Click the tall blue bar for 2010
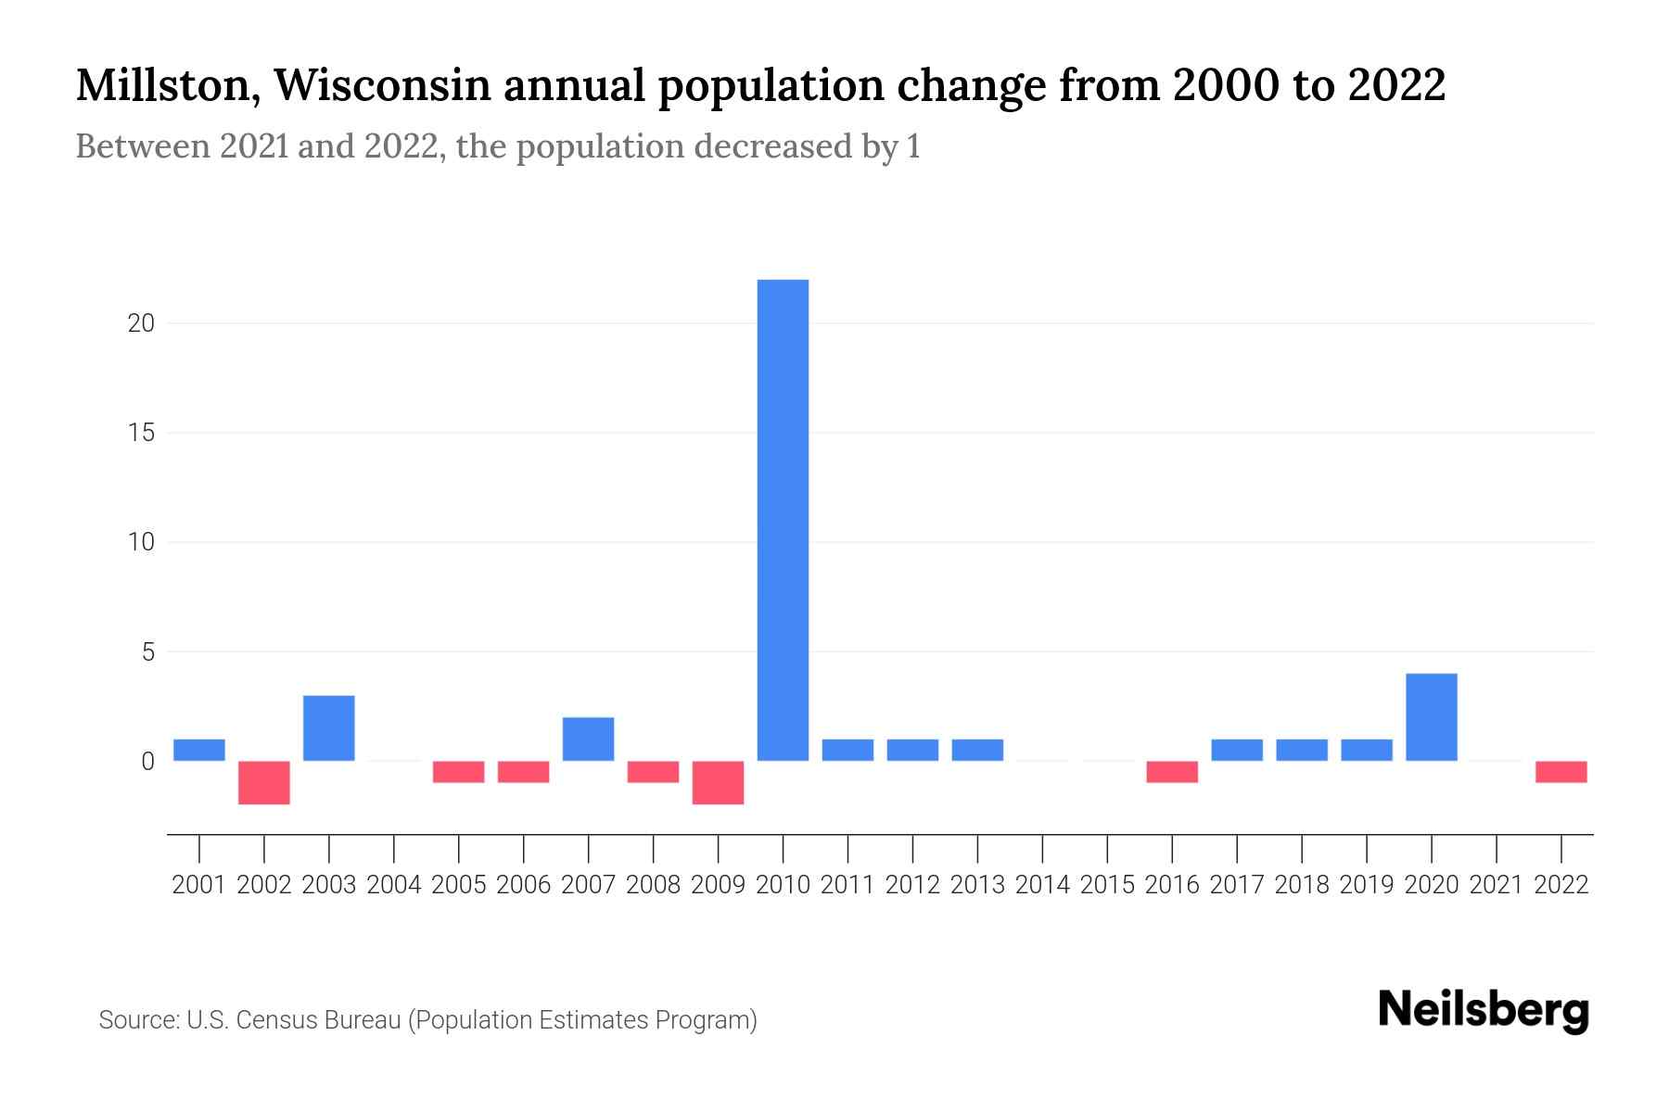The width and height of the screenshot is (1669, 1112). pos(783,519)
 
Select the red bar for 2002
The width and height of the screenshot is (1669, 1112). pos(264,782)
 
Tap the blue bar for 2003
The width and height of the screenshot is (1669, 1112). pos(329,727)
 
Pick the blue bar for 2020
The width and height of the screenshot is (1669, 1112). pos(1432,716)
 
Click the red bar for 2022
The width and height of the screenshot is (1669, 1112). pos(1561,771)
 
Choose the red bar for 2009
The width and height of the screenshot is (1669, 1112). pos(719,782)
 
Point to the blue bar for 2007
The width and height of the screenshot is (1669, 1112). pos(589,739)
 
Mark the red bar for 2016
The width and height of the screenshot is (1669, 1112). pos(1172,771)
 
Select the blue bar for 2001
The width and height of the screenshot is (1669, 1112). pos(199,750)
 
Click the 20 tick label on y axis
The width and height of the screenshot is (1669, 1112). pos(141,323)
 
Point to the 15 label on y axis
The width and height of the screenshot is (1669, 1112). pos(141,433)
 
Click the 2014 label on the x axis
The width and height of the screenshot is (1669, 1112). pos(1042,885)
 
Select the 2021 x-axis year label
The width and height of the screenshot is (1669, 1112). pos(1497,885)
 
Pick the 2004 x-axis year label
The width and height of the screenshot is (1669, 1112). pos(394,885)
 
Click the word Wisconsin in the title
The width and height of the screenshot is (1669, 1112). pos(382,86)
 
